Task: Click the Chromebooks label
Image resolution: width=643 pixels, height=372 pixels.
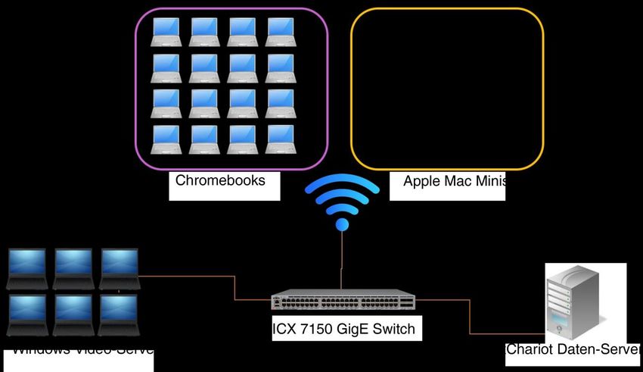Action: pos(220,181)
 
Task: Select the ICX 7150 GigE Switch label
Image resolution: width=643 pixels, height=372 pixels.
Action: pos(343,330)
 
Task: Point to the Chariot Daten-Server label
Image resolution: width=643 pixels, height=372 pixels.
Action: pos(572,350)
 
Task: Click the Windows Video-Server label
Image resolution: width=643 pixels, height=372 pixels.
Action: pos(83,351)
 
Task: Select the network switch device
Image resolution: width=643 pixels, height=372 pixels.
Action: pos(343,301)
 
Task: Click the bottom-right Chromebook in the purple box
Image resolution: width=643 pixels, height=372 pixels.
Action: pos(280,139)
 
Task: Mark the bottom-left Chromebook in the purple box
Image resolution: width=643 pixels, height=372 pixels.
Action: pos(166,139)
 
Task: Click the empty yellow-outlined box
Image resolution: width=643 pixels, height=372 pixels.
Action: pos(447,89)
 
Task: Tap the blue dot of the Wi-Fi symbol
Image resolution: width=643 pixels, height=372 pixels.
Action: pos(342,224)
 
